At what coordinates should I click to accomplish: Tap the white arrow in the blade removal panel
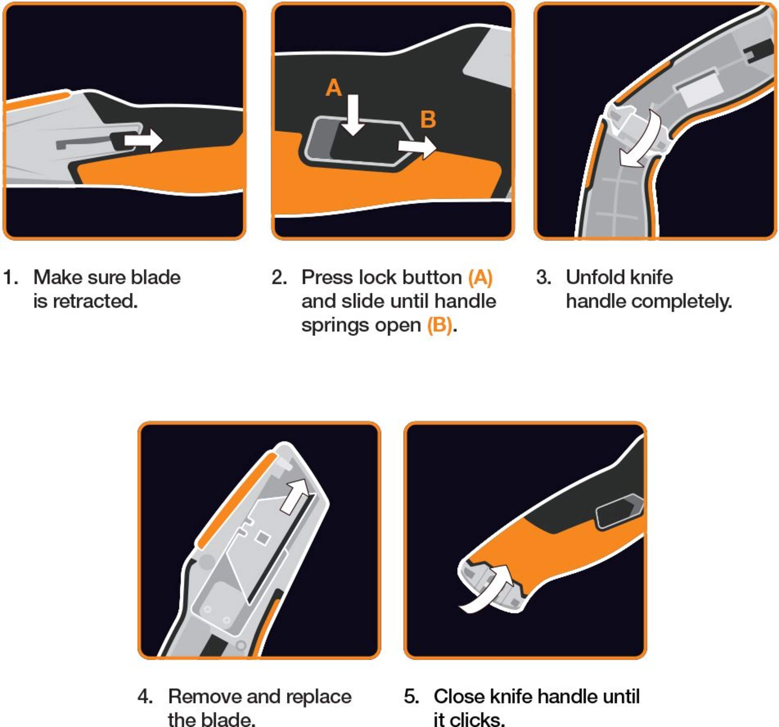[x=296, y=496]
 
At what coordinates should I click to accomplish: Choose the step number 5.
[x=411, y=696]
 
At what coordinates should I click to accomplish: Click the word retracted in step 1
[x=95, y=301]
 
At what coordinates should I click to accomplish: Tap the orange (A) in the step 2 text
[x=480, y=278]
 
